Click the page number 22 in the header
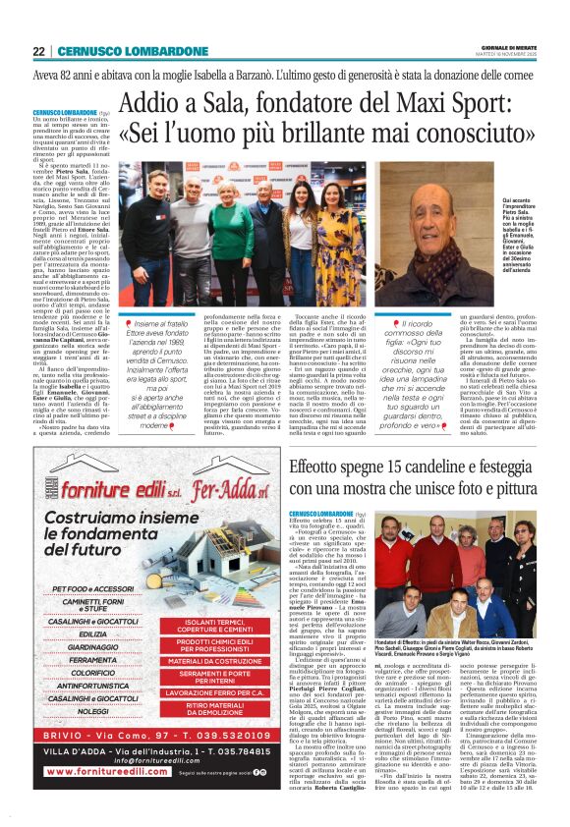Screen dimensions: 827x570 pos(37,51)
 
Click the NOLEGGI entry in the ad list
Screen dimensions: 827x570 pos(92,738)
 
